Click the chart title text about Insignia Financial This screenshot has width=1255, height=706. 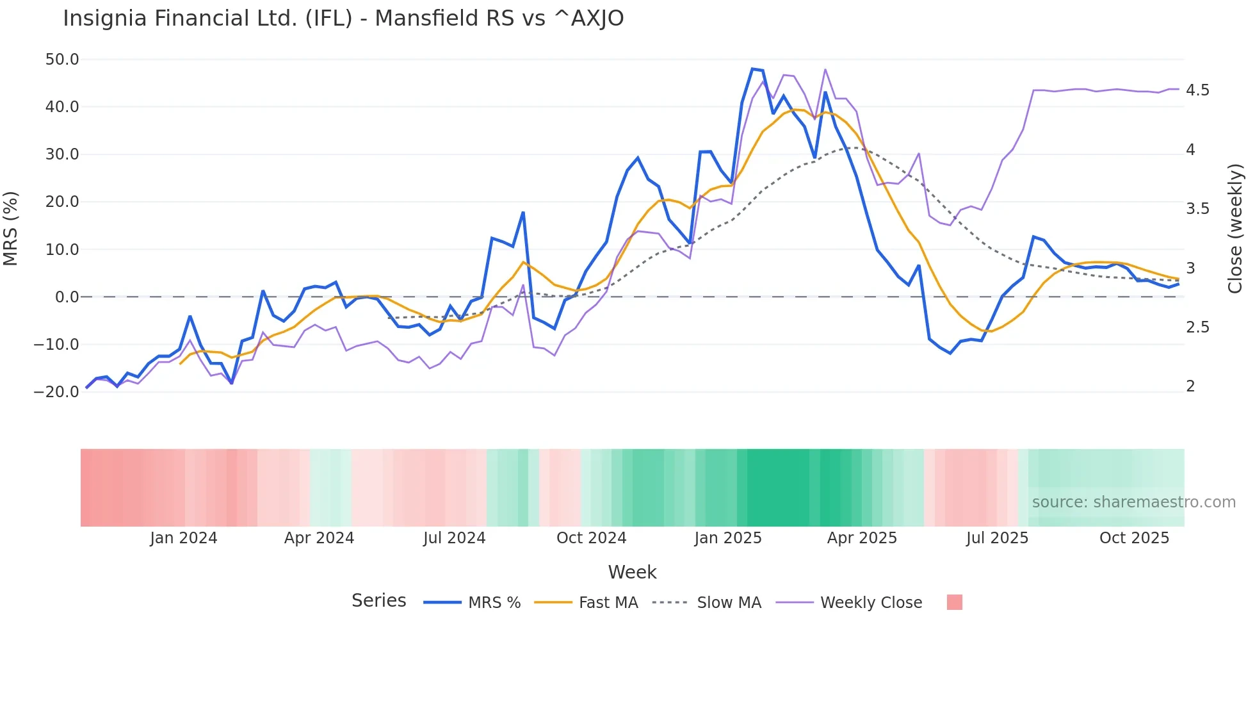[343, 19]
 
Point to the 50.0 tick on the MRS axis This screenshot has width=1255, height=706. [62, 60]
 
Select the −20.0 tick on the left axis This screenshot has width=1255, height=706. [56, 391]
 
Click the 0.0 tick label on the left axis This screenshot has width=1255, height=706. [67, 297]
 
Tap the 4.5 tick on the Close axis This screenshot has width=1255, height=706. [1197, 90]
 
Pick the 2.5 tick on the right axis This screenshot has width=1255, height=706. [1197, 327]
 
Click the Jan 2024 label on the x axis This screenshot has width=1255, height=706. [184, 538]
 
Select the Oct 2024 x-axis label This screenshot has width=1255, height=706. [591, 538]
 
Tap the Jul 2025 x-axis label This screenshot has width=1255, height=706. [997, 538]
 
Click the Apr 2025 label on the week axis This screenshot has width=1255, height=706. [862, 538]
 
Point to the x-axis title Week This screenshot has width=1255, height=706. [632, 572]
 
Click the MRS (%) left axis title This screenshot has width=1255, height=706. [11, 228]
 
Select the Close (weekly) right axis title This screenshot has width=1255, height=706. [1235, 229]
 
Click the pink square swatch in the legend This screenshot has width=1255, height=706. [954, 602]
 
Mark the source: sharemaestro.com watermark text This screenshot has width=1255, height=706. [1133, 502]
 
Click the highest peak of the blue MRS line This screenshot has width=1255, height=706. [753, 69]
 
